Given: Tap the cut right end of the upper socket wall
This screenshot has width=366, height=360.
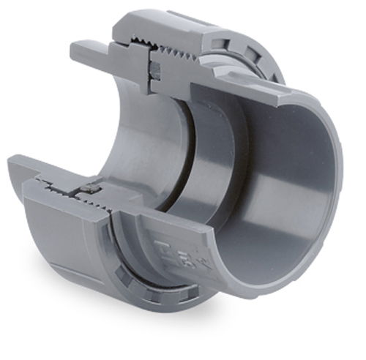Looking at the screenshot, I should click(289, 96).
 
